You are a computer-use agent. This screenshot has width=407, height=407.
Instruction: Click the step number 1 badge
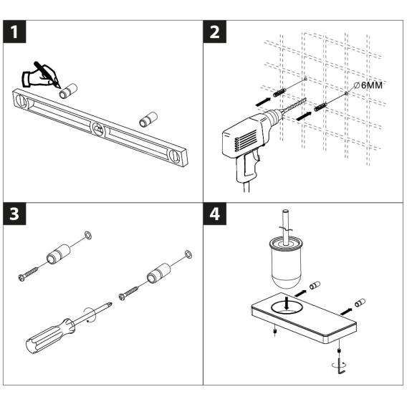point(14,32)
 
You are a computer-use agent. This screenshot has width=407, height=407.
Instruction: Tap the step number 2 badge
point(214,32)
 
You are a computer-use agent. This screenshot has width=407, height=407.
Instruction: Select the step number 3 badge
point(14,214)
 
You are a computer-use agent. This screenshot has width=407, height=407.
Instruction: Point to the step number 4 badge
point(214,214)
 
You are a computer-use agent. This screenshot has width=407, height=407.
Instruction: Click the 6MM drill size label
point(368,85)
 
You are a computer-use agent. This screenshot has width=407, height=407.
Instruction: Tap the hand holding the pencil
point(39,76)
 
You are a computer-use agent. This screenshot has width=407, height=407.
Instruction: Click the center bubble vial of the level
point(98,128)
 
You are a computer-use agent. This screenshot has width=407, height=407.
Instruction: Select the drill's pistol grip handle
point(246,166)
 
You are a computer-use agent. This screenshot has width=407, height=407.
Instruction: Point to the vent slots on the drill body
point(245,140)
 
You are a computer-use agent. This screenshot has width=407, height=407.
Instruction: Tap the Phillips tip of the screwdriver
point(110,304)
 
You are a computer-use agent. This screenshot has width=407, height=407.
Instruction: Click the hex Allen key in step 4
point(341,366)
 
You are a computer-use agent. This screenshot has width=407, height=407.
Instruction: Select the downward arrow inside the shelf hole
point(287,303)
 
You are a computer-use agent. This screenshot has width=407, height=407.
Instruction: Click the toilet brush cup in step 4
point(286,263)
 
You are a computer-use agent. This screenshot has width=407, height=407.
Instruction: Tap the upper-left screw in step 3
point(28,274)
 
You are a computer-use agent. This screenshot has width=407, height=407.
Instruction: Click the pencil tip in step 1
point(59,87)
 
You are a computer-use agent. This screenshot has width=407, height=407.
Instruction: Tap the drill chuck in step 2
point(273,116)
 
